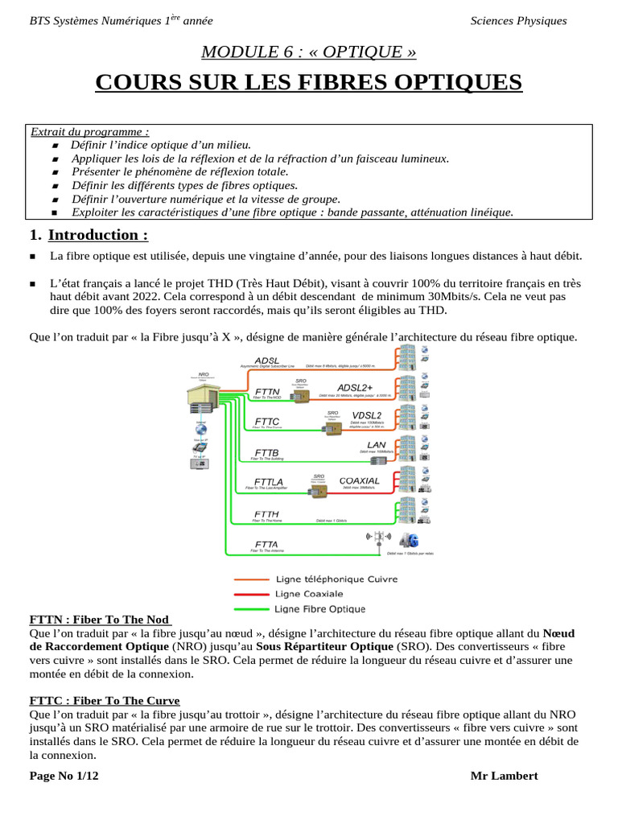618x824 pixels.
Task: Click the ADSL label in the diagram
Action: [267, 360]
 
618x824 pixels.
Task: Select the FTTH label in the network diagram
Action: [267, 513]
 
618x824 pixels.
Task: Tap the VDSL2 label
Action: [367, 415]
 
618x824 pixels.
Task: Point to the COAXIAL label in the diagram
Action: [360, 480]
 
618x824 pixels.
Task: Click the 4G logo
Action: [412, 538]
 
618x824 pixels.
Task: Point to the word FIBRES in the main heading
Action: [315, 83]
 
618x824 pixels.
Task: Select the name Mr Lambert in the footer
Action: [504, 776]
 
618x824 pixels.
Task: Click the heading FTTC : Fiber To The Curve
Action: [105, 700]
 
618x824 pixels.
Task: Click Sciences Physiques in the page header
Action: [518, 21]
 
